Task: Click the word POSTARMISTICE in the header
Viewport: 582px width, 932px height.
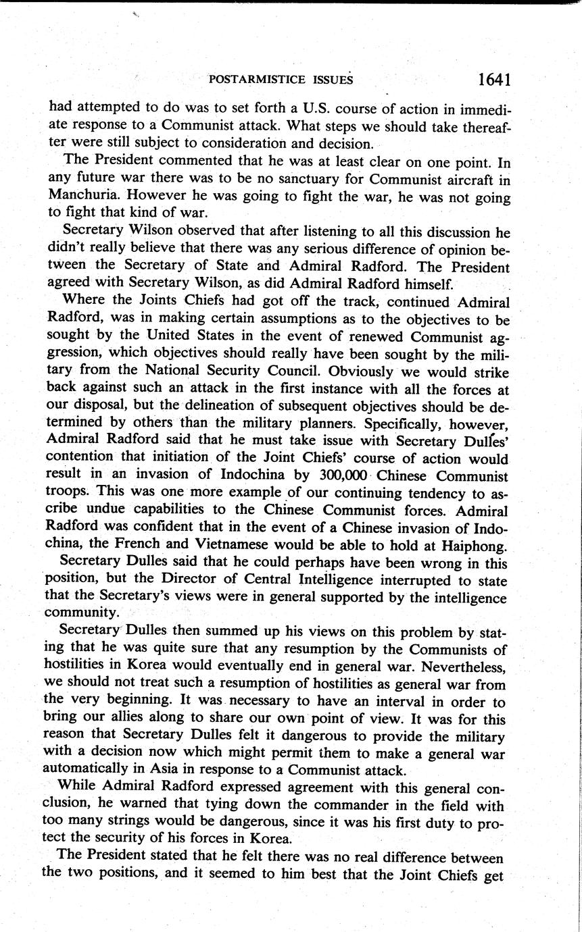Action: point(259,80)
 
